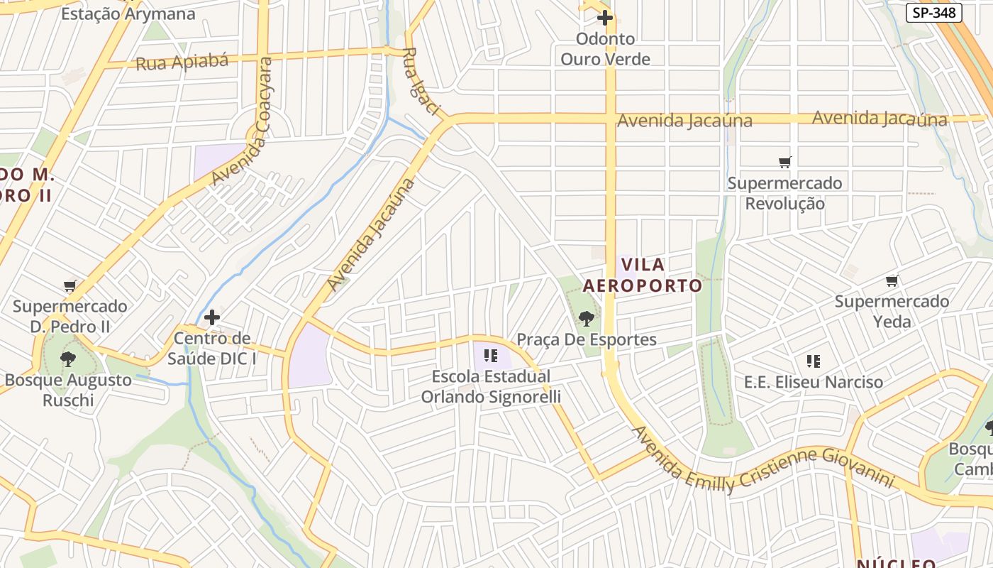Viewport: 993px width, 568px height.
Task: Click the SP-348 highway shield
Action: tap(933, 13)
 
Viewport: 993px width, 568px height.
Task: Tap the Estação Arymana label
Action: tap(128, 13)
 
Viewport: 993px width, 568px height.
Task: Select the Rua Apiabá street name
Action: tap(182, 62)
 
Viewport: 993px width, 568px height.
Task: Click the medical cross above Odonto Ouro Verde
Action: tap(605, 18)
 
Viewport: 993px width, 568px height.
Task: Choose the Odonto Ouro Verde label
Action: tap(605, 49)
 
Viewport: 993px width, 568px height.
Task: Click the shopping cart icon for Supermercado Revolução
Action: tap(784, 163)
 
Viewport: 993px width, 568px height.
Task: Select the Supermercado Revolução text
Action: tap(784, 193)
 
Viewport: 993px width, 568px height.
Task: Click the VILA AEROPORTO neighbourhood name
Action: tap(643, 275)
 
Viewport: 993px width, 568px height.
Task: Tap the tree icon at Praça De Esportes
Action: tap(586, 318)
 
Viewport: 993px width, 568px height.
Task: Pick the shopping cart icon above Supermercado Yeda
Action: tap(892, 281)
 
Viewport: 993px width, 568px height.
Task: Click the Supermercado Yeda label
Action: tap(892, 311)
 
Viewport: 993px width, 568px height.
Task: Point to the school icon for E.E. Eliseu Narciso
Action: tap(813, 361)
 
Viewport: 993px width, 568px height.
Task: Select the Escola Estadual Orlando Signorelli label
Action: tap(491, 386)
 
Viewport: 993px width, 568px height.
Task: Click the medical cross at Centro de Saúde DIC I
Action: tap(211, 317)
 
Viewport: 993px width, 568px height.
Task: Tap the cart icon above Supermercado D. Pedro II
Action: tap(70, 286)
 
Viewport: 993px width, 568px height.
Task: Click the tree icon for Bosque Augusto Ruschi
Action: tap(68, 359)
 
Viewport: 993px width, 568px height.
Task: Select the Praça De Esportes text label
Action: tap(587, 339)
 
